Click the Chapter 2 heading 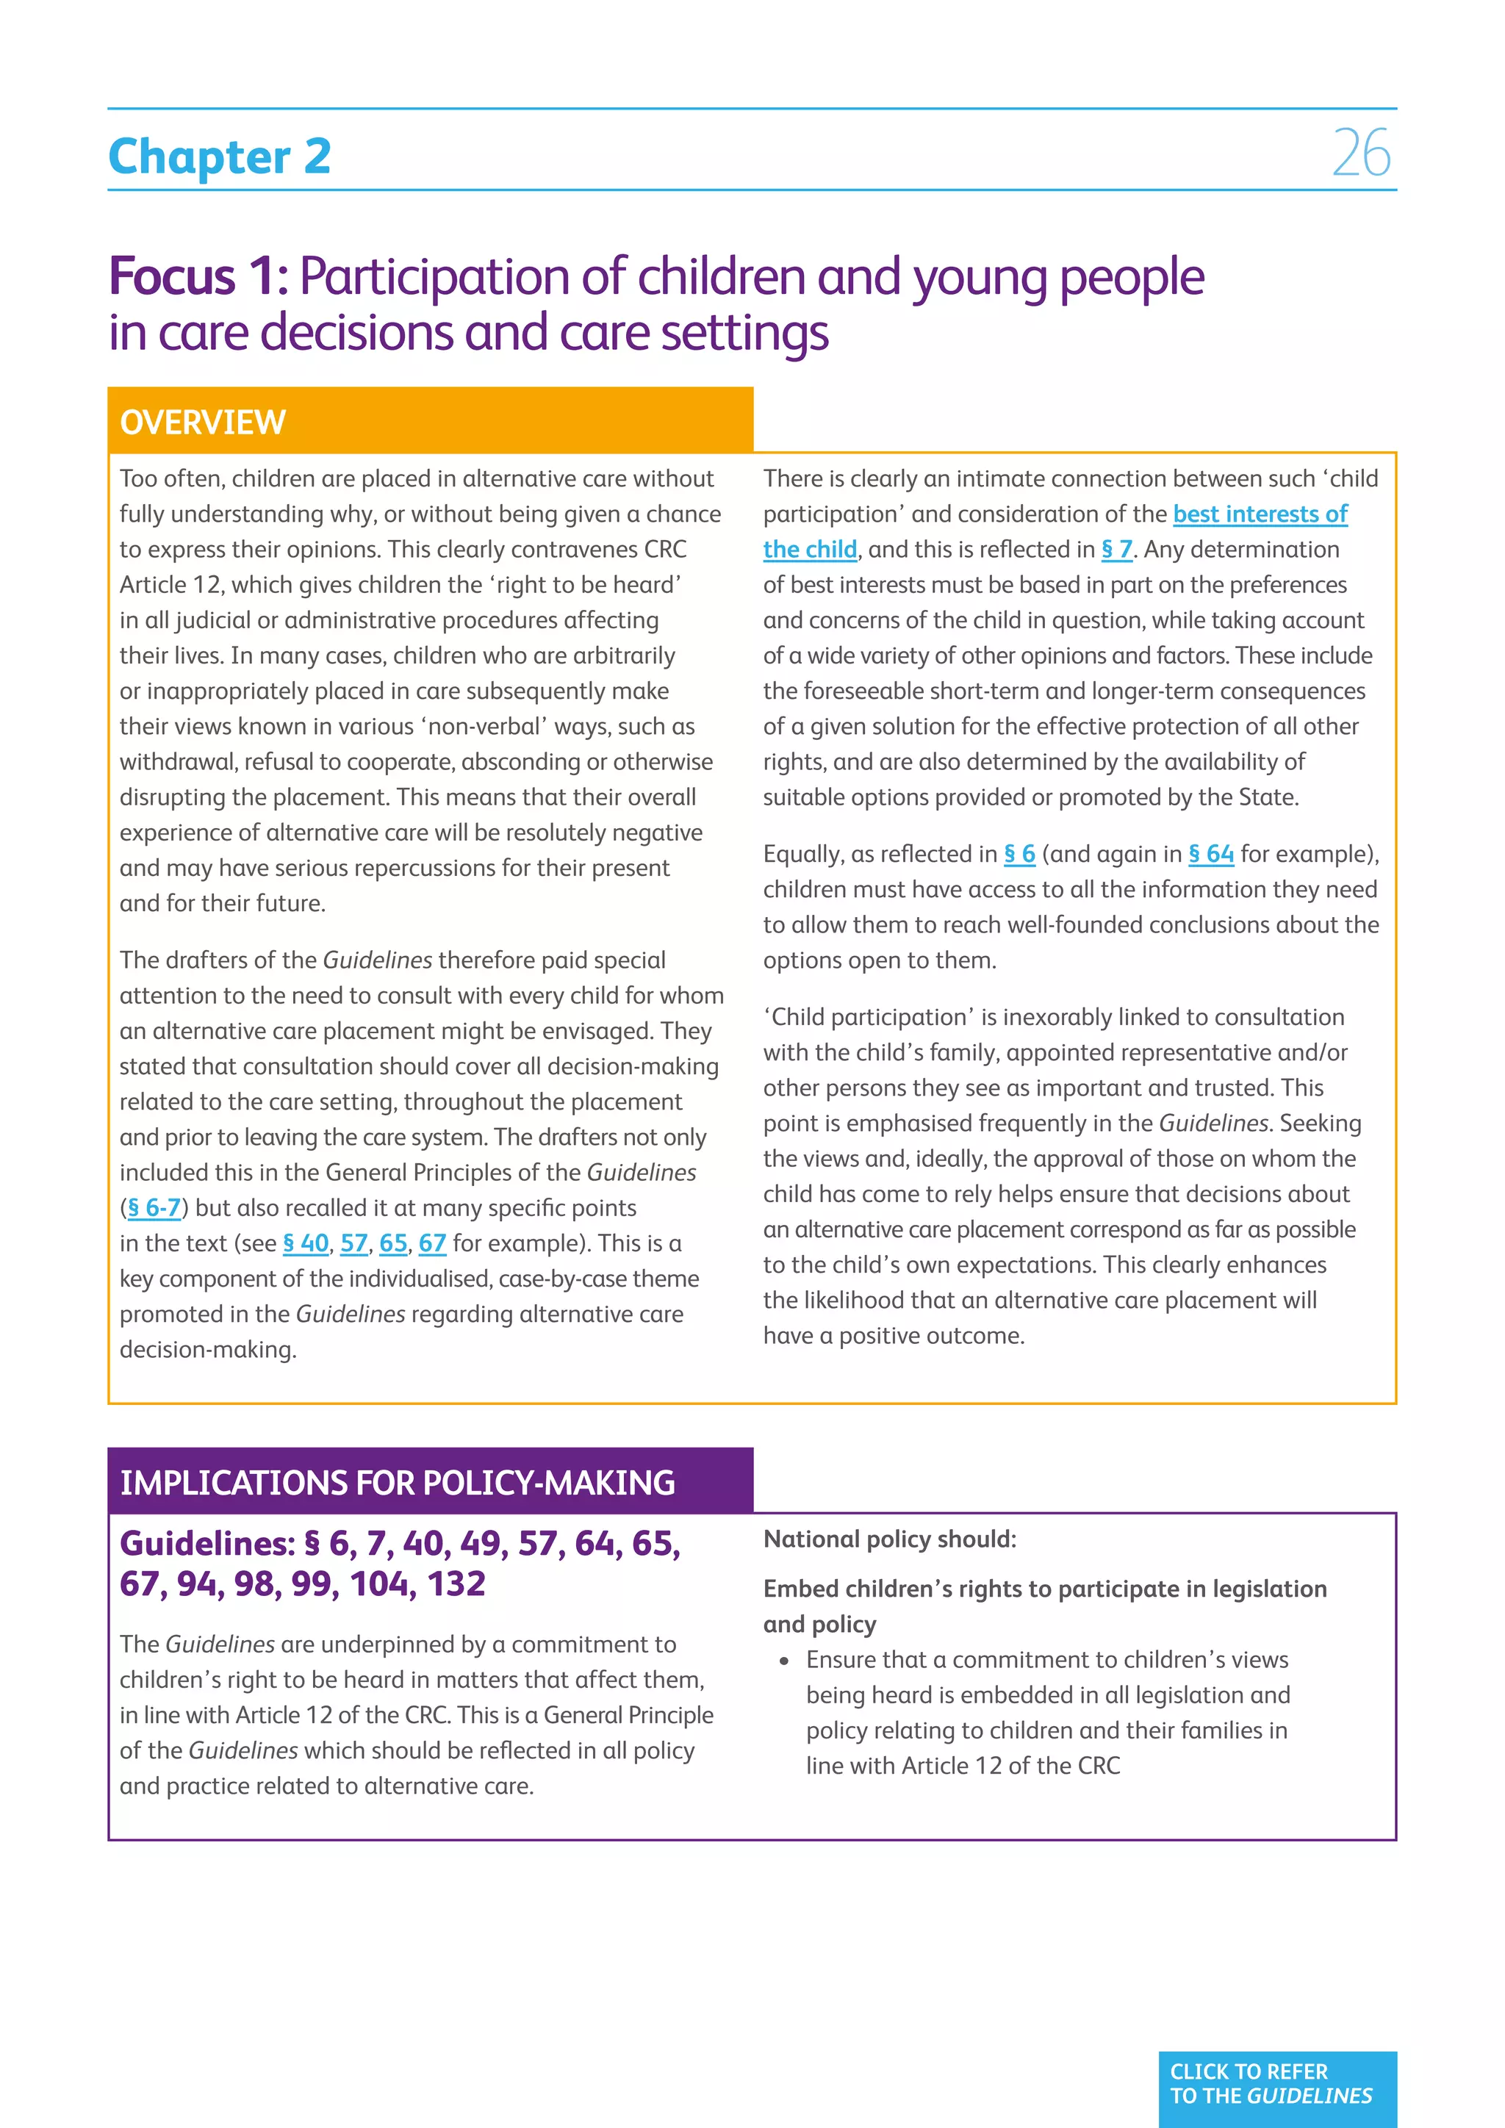coord(220,156)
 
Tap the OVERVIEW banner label coord(203,423)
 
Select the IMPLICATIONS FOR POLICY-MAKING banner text coord(398,1483)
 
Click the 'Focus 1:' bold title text coord(198,276)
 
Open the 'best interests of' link coord(1260,514)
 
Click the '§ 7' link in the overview coord(1117,550)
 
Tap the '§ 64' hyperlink coord(1210,855)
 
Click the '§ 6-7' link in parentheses coord(154,1209)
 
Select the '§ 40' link coord(306,1244)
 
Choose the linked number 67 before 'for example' coord(432,1244)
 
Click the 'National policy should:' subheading coord(890,1539)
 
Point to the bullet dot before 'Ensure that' coord(785,1661)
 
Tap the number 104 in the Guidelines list coord(379,1585)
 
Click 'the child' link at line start coord(810,550)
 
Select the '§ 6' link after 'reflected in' coord(1019,855)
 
